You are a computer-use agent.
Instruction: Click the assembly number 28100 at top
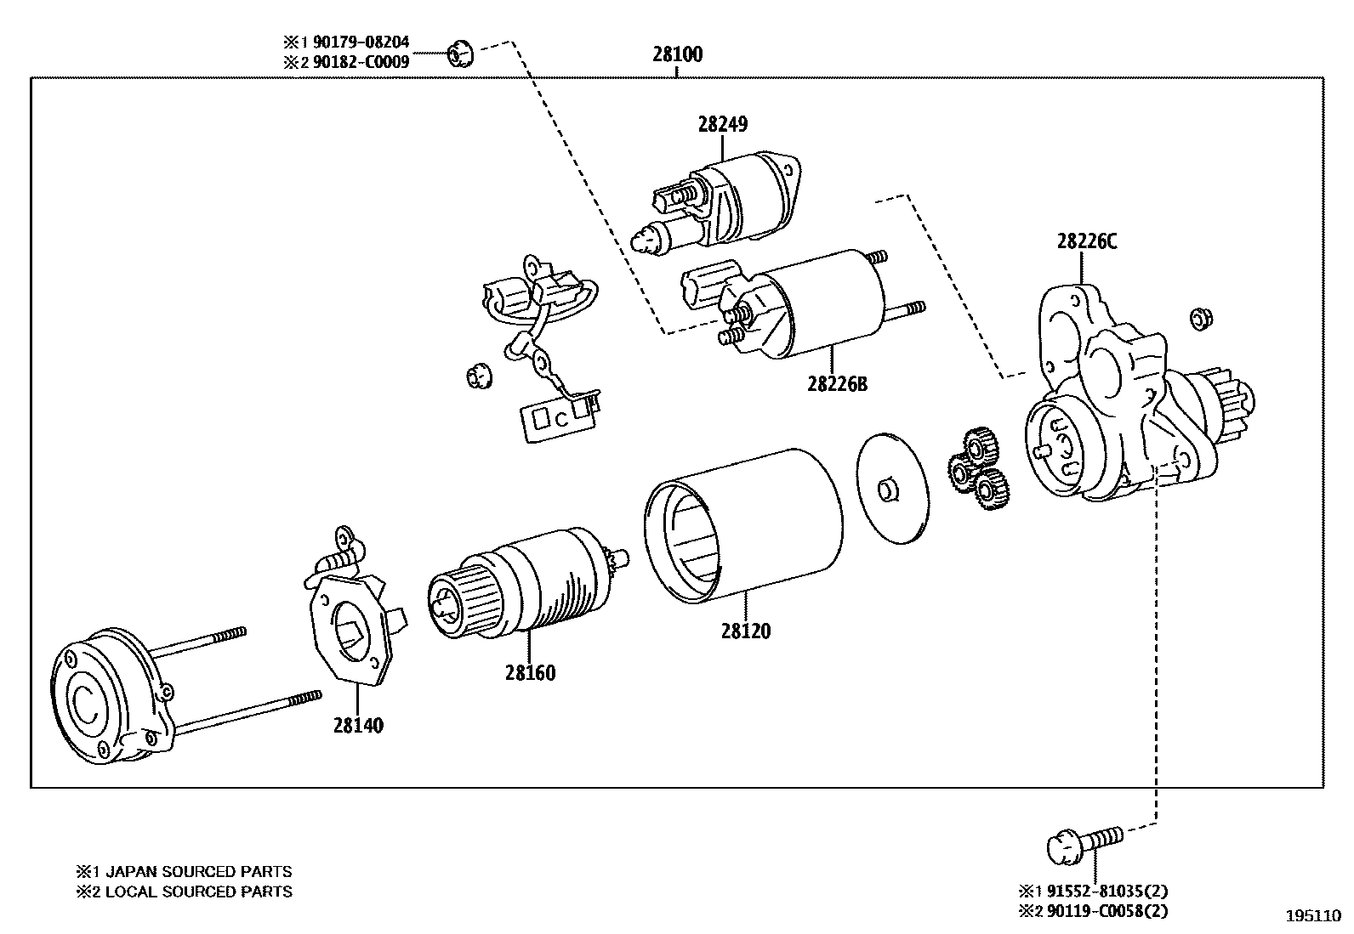[x=677, y=54]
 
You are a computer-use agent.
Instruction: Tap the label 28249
[x=722, y=124]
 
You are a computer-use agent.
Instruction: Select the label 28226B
[x=837, y=383]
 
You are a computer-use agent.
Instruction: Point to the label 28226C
[x=1086, y=241]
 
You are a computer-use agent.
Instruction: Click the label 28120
[x=745, y=631]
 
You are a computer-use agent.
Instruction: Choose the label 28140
[x=357, y=726]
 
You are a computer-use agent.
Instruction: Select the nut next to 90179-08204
[x=460, y=54]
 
